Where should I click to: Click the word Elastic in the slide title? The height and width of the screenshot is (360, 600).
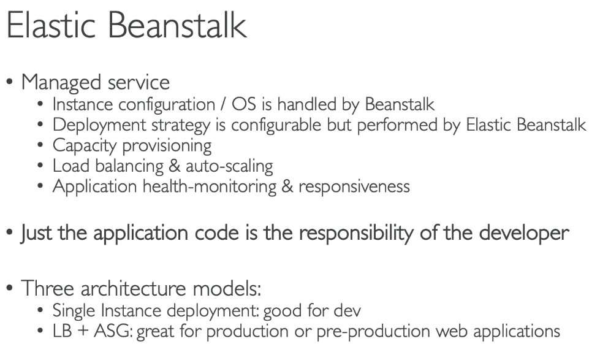tap(51, 25)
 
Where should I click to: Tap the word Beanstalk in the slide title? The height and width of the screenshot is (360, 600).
tap(178, 25)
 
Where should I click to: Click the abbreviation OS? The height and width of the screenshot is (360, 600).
tap(243, 104)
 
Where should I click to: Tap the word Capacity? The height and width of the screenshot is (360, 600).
tap(84, 146)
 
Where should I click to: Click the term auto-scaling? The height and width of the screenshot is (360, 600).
tap(229, 166)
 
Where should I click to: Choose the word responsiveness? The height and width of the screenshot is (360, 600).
tap(354, 187)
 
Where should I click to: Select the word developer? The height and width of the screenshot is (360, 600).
tap(524, 233)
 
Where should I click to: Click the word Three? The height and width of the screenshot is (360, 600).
tap(47, 288)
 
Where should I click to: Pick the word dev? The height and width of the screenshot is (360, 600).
tap(347, 310)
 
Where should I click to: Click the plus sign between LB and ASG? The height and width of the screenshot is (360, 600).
tap(83, 332)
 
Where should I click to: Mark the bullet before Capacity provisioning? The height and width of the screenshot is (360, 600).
tap(40, 145)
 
